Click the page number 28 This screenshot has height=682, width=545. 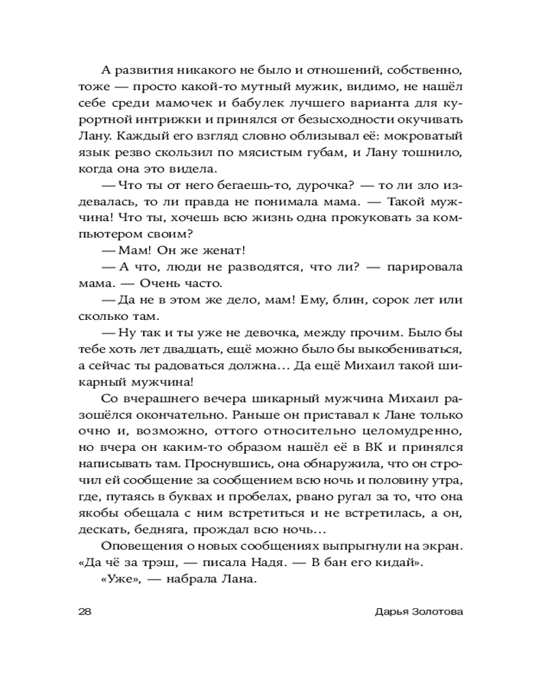[87, 612]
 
